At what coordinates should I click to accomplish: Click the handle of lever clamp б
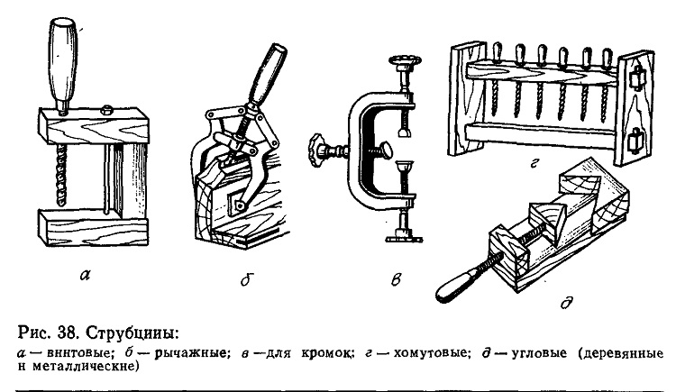pos(267,77)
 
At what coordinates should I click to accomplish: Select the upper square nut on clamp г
pos(637,79)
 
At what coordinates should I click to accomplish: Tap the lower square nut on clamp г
pos(635,140)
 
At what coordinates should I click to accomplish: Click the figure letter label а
pos(86,274)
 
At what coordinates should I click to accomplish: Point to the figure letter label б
pos(246,279)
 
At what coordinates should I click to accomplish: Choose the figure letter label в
pos(397,280)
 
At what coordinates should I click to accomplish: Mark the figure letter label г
pos(534,162)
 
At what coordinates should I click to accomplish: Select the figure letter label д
pos(567,302)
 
